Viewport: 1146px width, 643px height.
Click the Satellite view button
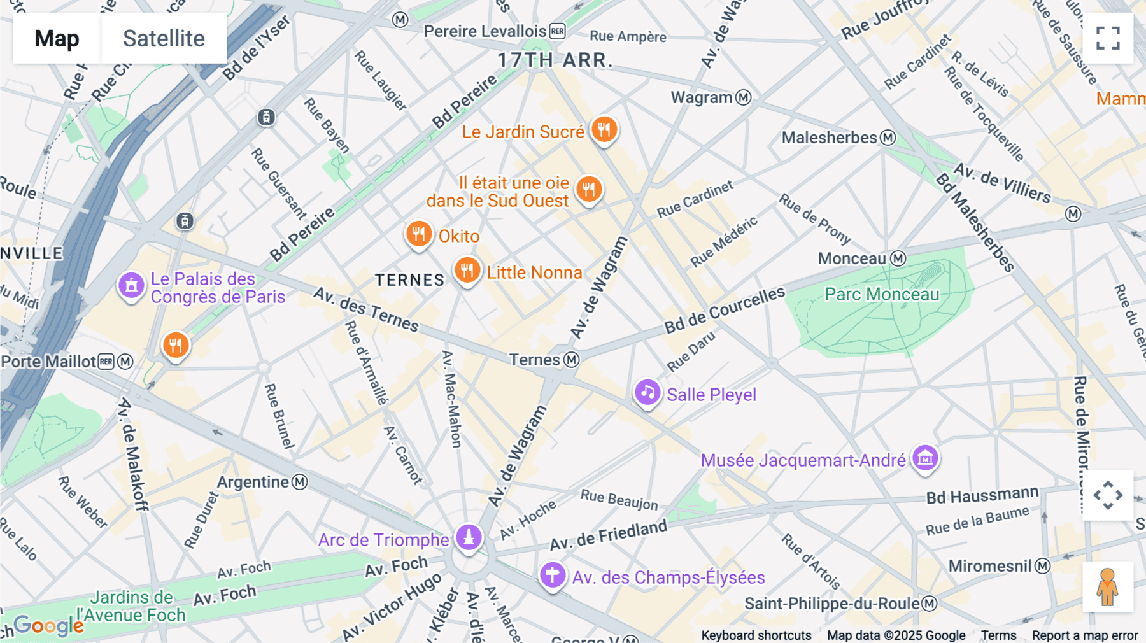click(164, 38)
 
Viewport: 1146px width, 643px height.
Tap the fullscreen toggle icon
click(1108, 38)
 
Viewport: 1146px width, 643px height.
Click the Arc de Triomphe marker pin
click(469, 537)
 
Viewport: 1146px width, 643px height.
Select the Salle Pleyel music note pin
click(647, 393)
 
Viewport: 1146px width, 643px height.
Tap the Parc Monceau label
click(882, 294)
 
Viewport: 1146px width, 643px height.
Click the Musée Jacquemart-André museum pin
click(925, 458)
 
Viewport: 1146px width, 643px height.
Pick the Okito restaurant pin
click(419, 235)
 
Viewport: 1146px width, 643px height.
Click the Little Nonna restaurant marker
click(467, 271)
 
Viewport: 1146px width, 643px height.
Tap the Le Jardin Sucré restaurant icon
click(604, 130)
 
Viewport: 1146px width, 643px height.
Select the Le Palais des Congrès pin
click(131, 286)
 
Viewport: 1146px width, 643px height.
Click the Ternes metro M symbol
click(572, 360)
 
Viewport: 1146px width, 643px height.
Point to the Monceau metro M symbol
click(898, 258)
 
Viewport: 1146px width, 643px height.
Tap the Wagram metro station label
click(702, 97)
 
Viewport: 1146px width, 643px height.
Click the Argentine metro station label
click(253, 482)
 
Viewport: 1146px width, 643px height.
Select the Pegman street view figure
click(1107, 586)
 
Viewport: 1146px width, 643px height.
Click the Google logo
click(49, 625)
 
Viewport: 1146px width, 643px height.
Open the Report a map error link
click(1084, 635)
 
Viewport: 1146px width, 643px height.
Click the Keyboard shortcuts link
click(756, 635)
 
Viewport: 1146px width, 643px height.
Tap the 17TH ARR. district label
click(555, 60)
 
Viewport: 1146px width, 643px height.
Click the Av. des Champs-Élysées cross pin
click(553, 575)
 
